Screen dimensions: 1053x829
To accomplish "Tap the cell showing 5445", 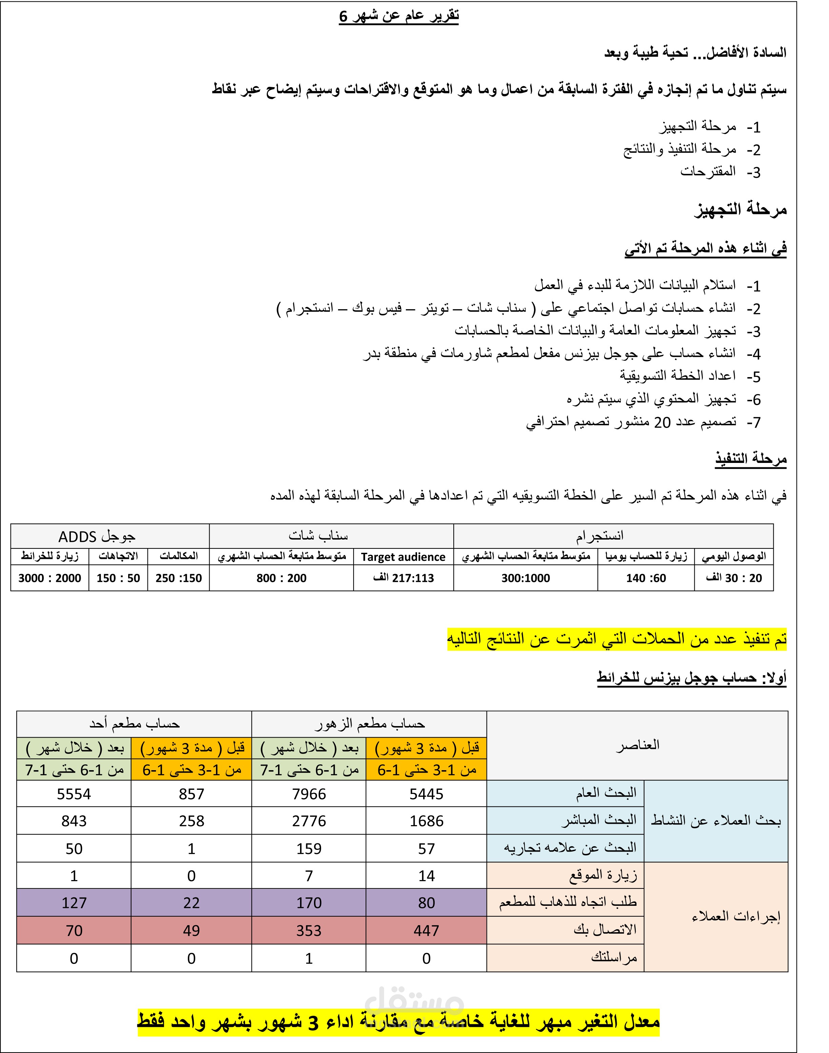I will click(x=426, y=794).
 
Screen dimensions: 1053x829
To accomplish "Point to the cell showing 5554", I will click(x=74, y=794).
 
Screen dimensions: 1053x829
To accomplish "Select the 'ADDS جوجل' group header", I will click(x=97, y=537).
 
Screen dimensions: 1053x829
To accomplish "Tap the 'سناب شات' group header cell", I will click(x=318, y=535).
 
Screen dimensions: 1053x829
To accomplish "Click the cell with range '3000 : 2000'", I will click(x=50, y=578).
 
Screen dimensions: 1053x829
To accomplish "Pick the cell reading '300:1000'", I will click(x=526, y=578).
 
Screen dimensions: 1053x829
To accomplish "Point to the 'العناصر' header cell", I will click(x=637, y=745).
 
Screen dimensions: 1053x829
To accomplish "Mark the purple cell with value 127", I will click(x=74, y=903).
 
